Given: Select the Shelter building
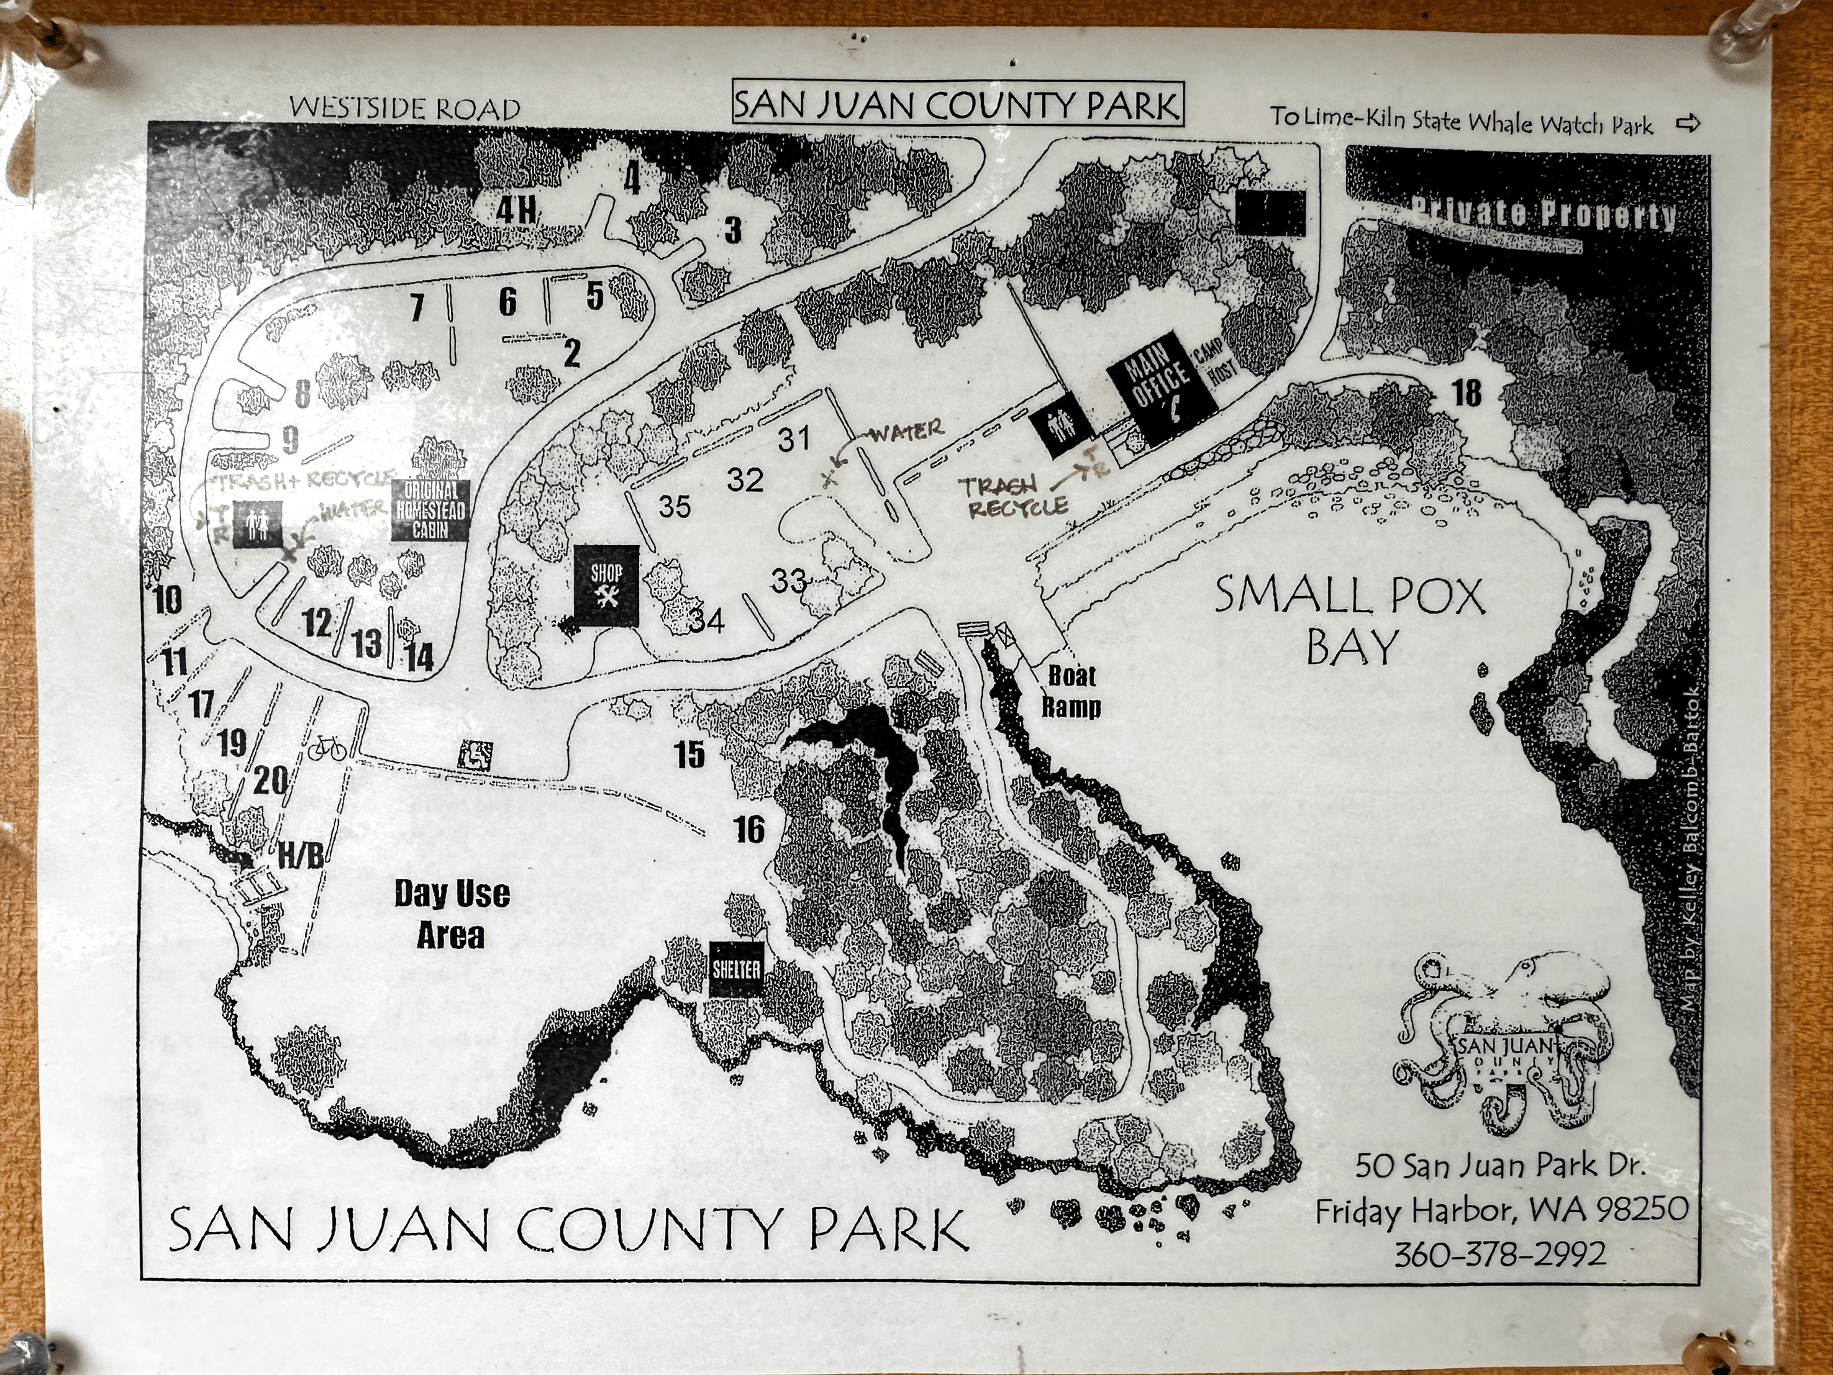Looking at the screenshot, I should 736,969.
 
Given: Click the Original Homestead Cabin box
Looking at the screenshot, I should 430,511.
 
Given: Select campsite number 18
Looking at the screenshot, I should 1466,393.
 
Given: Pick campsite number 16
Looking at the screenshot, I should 749,829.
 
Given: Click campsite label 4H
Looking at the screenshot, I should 516,209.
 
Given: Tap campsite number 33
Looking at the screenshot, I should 788,581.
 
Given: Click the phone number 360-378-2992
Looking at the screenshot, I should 1500,1253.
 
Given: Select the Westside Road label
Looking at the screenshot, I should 404,107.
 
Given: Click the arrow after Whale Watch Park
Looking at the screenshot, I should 1687,124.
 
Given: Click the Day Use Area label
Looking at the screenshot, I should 452,914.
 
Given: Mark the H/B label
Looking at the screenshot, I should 300,856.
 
